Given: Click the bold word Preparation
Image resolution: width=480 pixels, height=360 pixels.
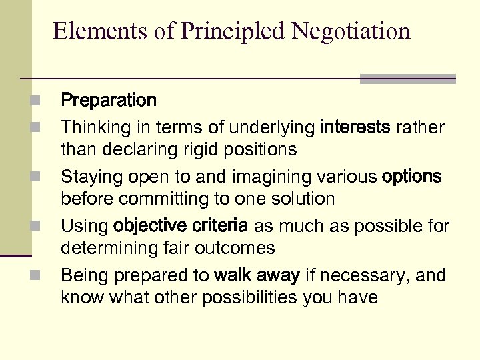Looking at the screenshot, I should [x=109, y=101].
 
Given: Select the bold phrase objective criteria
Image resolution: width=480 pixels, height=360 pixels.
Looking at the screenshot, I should [x=180, y=226].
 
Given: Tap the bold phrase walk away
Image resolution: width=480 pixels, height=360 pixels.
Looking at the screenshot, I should [x=257, y=275].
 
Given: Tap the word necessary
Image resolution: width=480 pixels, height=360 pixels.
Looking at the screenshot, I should [x=361, y=275].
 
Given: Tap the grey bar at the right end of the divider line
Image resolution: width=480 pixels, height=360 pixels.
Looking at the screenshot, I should [x=407, y=79].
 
